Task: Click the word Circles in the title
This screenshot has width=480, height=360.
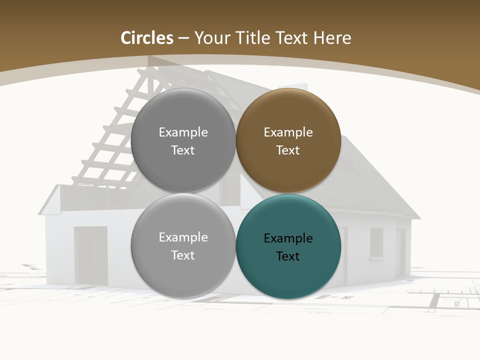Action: click(147, 38)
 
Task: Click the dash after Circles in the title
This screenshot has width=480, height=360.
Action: click(183, 38)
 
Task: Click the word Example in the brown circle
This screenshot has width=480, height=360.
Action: click(288, 132)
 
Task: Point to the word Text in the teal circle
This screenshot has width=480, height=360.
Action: click(288, 256)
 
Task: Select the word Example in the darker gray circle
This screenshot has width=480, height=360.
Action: click(183, 132)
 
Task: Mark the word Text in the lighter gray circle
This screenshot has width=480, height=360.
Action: click(183, 255)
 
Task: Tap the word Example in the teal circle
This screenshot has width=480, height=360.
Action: click(288, 238)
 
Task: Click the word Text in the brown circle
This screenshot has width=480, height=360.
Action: click(288, 150)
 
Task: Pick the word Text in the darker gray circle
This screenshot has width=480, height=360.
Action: click(183, 150)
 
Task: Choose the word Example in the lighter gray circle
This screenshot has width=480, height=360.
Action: click(183, 237)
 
